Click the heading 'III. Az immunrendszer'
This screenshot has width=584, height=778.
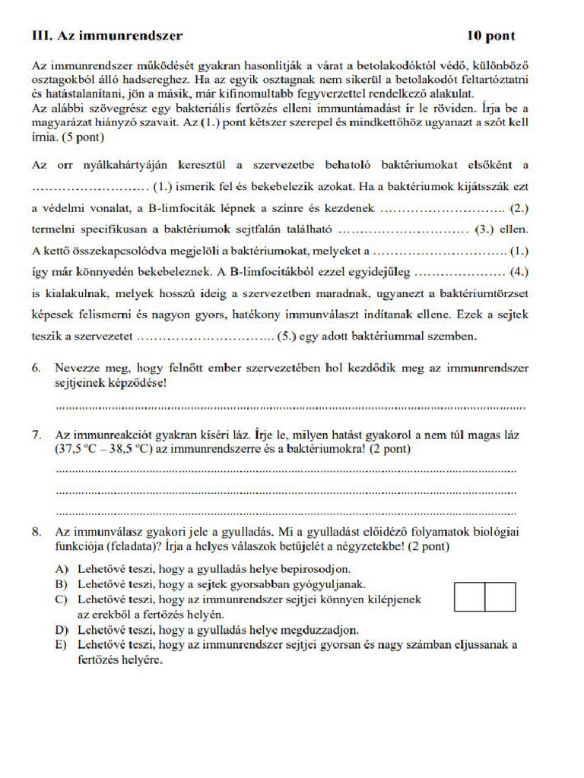[x=107, y=35]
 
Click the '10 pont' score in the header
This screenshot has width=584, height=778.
[x=490, y=35]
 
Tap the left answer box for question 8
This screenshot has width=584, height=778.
[x=470, y=596]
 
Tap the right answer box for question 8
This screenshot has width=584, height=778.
[x=500, y=596]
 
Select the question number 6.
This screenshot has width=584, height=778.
[x=36, y=368]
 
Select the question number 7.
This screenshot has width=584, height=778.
[x=36, y=435]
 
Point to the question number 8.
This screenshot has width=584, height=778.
[x=36, y=531]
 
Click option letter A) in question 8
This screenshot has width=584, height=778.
[x=62, y=568]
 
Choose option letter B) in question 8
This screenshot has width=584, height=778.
[x=62, y=583]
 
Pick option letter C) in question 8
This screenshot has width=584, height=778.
[x=62, y=599]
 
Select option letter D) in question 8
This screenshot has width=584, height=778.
[x=62, y=630]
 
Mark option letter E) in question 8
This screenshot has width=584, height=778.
[x=62, y=645]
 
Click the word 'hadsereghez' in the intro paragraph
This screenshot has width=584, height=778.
[x=148, y=79]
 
